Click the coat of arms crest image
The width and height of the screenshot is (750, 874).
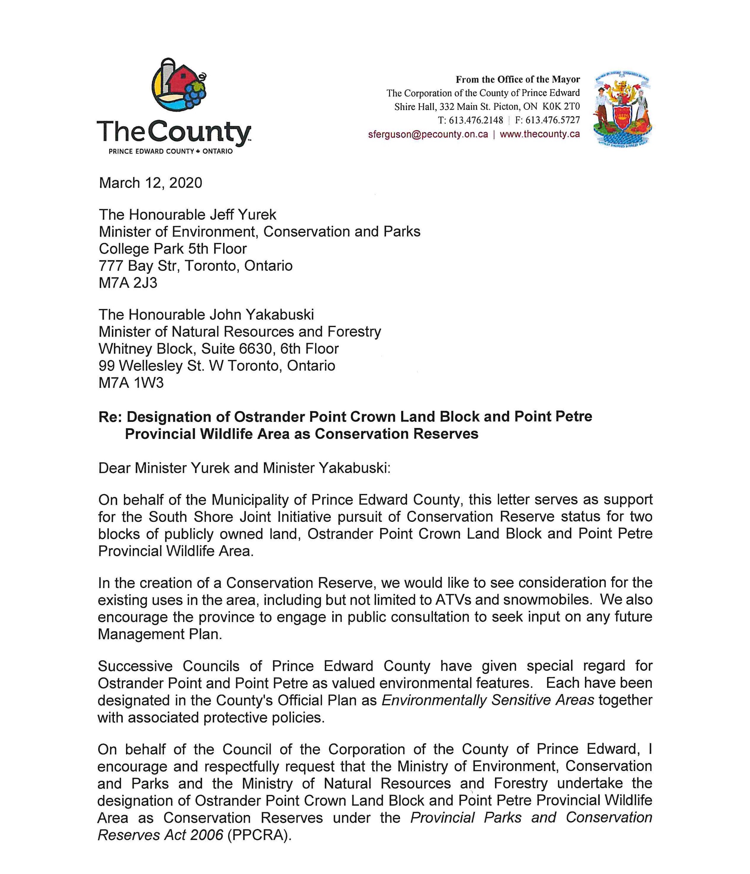(622, 110)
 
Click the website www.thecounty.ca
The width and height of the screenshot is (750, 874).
(539, 134)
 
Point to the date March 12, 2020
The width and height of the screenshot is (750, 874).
(151, 183)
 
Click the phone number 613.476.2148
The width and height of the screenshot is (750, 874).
(475, 120)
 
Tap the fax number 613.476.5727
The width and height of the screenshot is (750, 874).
(552, 120)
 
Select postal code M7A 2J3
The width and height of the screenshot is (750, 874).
(128, 283)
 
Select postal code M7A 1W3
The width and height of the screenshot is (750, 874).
(131, 383)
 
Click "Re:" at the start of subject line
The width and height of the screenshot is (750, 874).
(110, 417)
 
